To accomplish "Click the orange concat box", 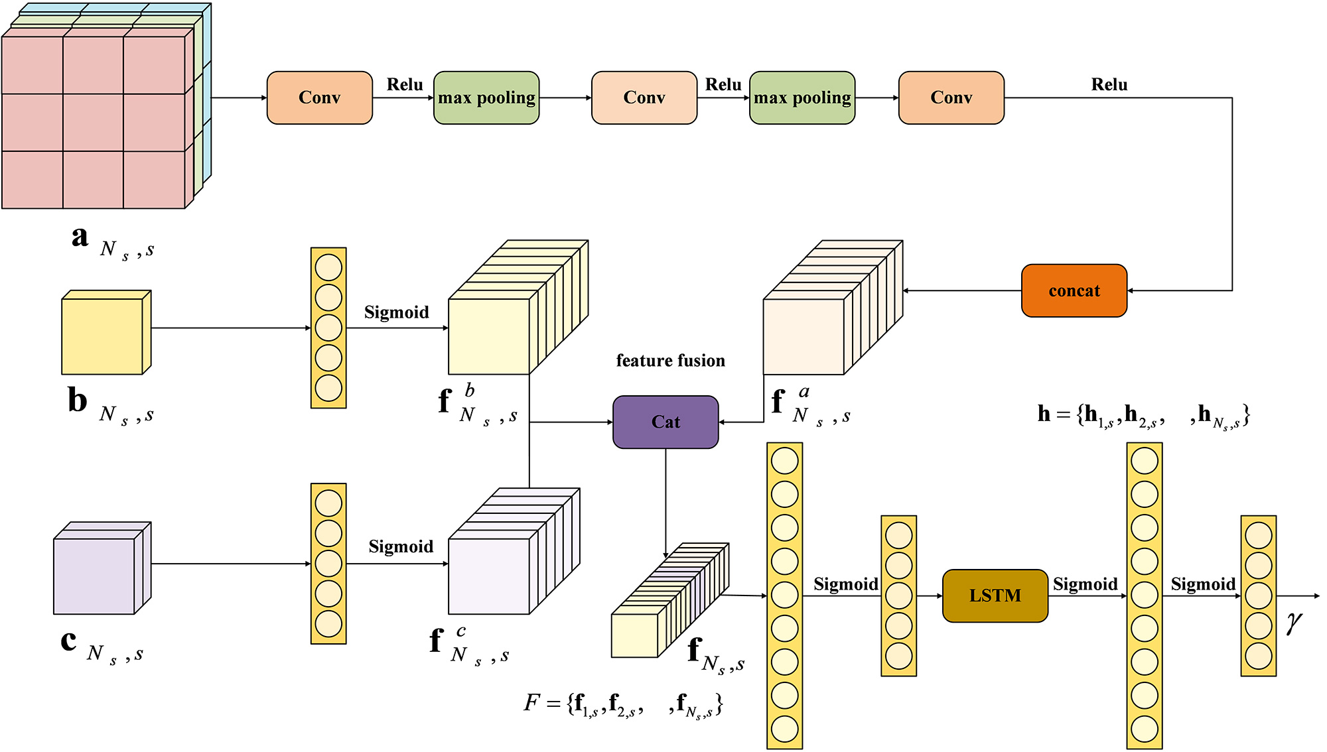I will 1074,290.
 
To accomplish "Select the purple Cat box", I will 665,422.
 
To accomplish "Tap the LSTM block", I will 995,595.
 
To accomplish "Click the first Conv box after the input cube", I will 319,97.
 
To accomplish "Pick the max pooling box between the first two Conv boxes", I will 486,97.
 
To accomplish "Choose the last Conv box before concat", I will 951,97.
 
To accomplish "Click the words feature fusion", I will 670,361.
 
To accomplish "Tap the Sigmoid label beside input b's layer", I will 396,312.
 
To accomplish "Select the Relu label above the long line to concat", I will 1109,85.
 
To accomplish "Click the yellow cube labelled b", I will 103,336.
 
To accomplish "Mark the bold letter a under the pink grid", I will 80,237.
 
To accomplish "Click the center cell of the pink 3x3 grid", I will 93,123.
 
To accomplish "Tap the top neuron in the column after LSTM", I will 1144,461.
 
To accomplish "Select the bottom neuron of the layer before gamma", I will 1258,657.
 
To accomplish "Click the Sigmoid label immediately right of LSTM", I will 1085,584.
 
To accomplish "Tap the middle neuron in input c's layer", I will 328,564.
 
